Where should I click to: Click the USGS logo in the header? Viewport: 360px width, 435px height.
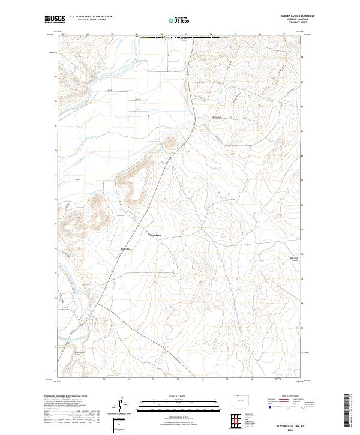click(x=53, y=19)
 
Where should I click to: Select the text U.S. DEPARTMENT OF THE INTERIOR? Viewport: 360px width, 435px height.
click(x=91, y=16)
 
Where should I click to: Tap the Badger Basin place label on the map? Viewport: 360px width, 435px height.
click(x=155, y=235)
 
